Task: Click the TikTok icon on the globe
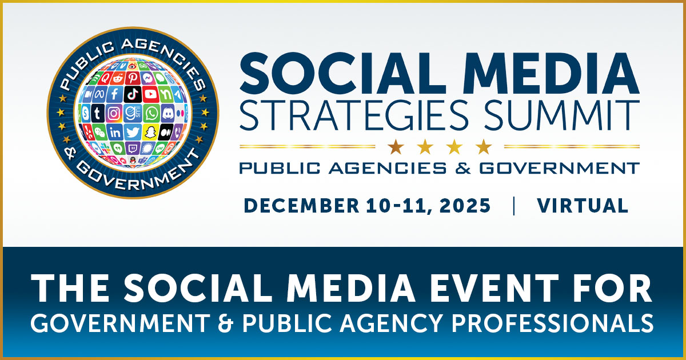pos(133,94)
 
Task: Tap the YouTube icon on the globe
pos(150,94)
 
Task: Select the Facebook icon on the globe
pos(114,94)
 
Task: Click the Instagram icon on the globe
pos(114,113)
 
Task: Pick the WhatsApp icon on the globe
pos(151,113)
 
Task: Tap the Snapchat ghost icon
pos(150,132)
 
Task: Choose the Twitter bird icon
pos(133,132)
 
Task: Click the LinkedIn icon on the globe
pos(115,132)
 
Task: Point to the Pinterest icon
pos(133,78)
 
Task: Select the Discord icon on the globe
pos(168,113)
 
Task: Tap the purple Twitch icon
pos(133,148)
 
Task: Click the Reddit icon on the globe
pos(117,78)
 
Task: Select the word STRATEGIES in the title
pos(354,115)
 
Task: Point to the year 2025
pos(465,205)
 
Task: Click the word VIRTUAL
pos(583,205)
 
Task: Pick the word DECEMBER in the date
pos(301,205)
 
